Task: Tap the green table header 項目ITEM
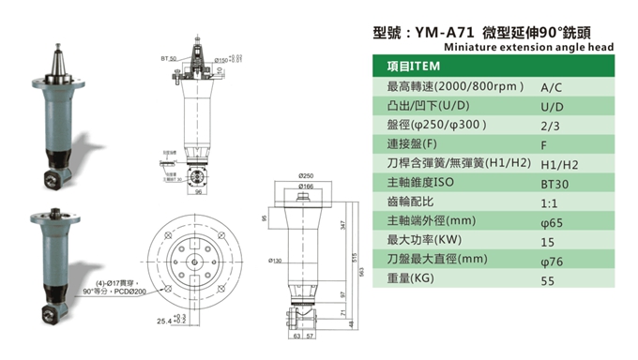[413, 67]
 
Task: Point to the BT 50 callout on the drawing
[168, 58]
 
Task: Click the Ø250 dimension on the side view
[306, 177]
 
